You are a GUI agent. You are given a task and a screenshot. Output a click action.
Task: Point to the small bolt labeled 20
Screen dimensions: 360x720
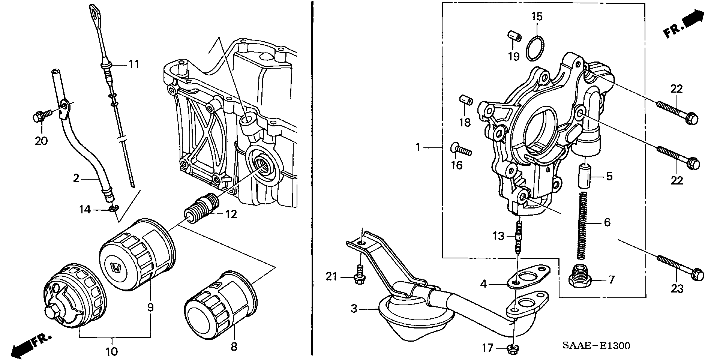[38, 117]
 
